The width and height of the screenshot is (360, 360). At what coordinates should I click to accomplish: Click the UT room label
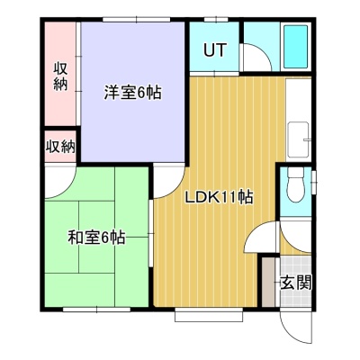(215, 50)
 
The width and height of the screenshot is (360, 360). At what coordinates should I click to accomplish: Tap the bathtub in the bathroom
(296, 47)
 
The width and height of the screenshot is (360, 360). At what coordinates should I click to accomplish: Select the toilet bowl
(295, 184)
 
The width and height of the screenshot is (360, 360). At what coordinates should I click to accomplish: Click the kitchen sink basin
(298, 139)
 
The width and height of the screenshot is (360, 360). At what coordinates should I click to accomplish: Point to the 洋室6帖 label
(132, 93)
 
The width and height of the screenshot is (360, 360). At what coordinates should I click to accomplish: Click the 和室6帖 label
(96, 238)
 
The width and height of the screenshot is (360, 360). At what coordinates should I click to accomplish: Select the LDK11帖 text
(219, 197)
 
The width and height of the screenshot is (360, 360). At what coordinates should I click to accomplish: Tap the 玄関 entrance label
(296, 282)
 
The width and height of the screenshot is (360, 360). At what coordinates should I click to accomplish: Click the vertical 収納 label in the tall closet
(60, 76)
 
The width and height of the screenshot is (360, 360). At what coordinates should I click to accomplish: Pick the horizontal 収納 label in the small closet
(60, 147)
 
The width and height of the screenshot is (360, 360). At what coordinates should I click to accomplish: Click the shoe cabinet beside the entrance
(268, 282)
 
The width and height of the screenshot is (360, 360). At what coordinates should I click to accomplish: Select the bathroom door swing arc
(257, 58)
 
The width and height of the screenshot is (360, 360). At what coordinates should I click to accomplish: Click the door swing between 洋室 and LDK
(169, 182)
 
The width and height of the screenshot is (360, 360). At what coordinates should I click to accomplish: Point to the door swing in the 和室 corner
(60, 182)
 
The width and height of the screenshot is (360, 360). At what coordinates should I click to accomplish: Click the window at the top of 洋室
(137, 20)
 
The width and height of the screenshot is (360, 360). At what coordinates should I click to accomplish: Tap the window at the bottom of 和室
(96, 310)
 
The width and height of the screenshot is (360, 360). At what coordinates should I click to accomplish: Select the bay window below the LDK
(209, 314)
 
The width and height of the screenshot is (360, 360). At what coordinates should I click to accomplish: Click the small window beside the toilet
(314, 183)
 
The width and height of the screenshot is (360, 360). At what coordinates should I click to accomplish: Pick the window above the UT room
(216, 20)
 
